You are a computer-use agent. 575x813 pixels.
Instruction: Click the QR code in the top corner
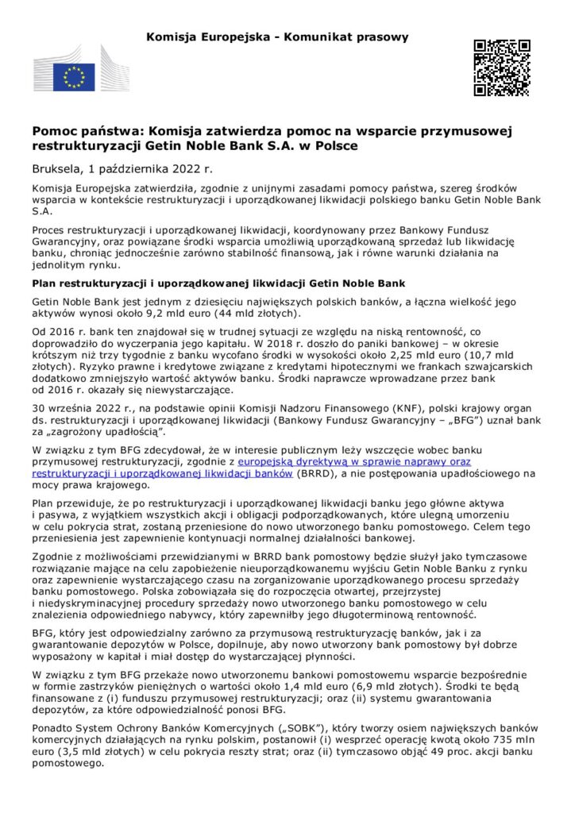click(501, 67)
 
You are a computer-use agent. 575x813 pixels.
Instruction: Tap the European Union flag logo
click(74, 77)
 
